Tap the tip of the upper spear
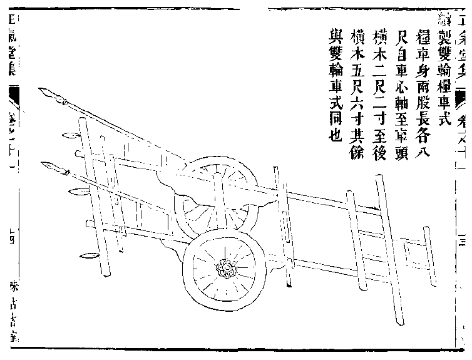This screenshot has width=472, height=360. pos(41,93)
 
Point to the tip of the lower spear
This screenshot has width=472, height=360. pos(43,165)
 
